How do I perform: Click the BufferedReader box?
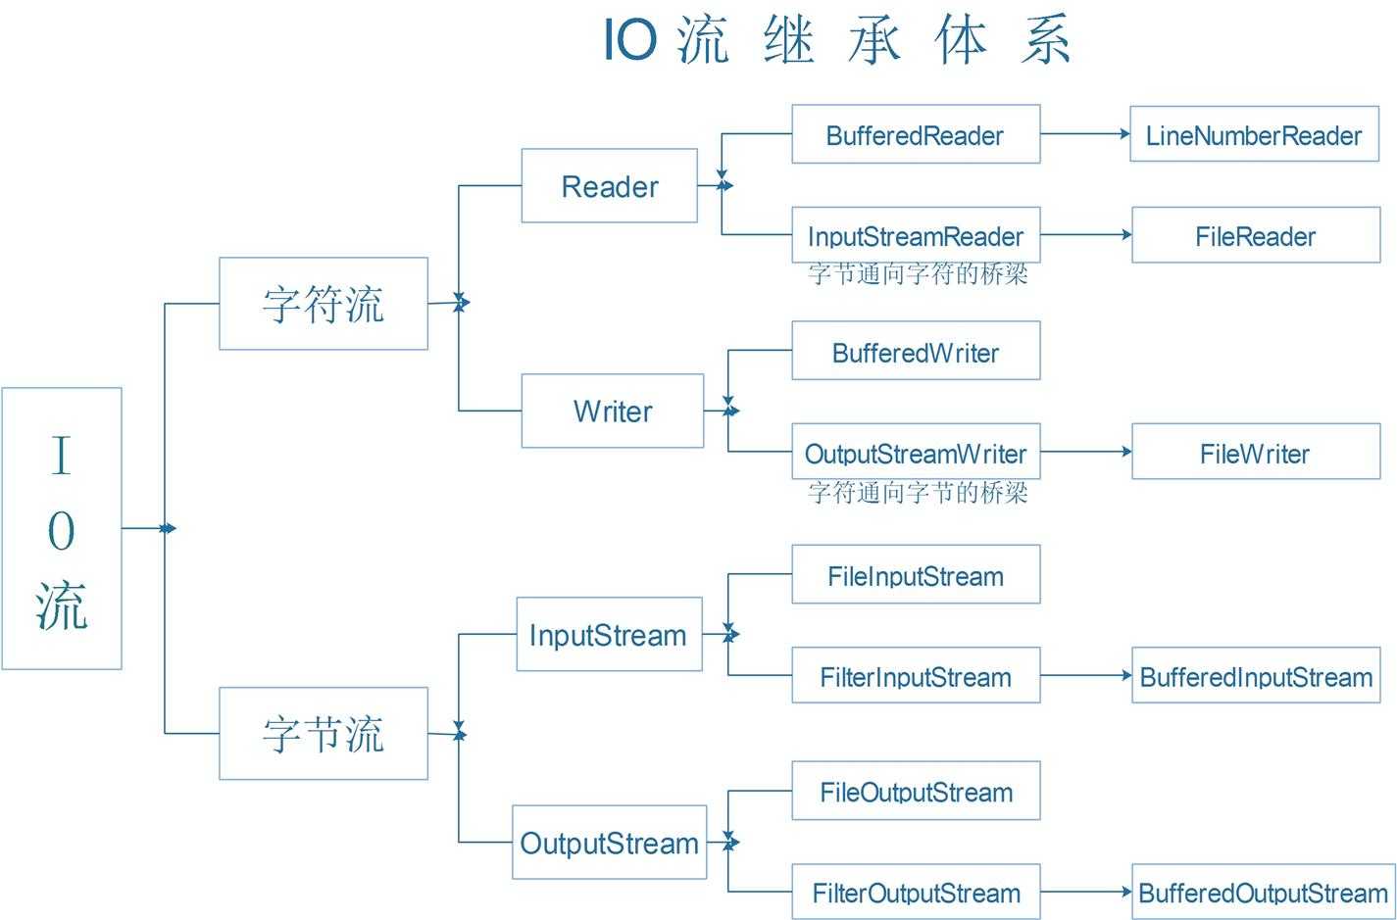pyautogui.click(x=916, y=135)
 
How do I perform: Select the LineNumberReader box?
pyautogui.click(x=1254, y=135)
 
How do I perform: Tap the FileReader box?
pyautogui.click(x=1255, y=236)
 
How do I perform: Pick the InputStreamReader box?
pyautogui.click(x=916, y=236)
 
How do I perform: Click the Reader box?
pyautogui.click(x=609, y=186)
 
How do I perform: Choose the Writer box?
pyautogui.click(x=612, y=412)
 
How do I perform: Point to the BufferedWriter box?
pyautogui.click(x=916, y=352)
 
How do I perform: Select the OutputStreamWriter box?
pyautogui.click(x=916, y=453)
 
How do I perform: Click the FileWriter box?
pyautogui.click(x=1255, y=453)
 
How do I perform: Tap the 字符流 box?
pyautogui.click(x=323, y=304)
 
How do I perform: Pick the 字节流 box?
pyautogui.click(x=323, y=734)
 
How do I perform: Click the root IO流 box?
pyautogui.click(x=62, y=529)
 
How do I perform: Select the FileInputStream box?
pyautogui.click(x=916, y=575)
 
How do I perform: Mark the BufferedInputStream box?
pyautogui.click(x=1255, y=676)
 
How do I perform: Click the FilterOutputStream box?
pyautogui.click(x=916, y=892)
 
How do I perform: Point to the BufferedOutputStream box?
pyautogui.click(x=1263, y=892)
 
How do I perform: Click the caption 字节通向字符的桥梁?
pyautogui.click(x=918, y=274)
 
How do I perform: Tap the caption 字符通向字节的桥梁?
pyautogui.click(x=918, y=492)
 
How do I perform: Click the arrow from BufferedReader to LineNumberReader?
pyautogui.click(x=1084, y=134)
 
